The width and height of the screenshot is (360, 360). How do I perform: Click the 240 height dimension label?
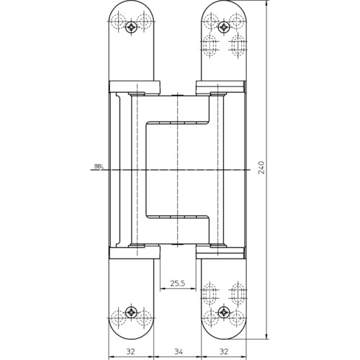click(261, 168)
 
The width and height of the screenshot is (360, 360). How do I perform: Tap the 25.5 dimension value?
click(178, 283)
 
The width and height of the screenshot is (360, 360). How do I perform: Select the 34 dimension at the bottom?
click(179, 352)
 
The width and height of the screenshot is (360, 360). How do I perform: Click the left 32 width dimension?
click(130, 352)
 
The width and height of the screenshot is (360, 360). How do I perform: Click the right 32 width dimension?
click(224, 352)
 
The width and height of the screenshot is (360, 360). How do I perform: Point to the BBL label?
click(98, 166)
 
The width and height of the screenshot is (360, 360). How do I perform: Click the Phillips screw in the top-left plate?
click(131, 27)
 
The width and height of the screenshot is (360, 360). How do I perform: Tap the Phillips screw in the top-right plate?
click(224, 27)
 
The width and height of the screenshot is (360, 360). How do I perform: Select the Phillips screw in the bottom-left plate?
click(131, 312)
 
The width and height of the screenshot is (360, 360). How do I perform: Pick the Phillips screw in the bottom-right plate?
click(224, 312)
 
